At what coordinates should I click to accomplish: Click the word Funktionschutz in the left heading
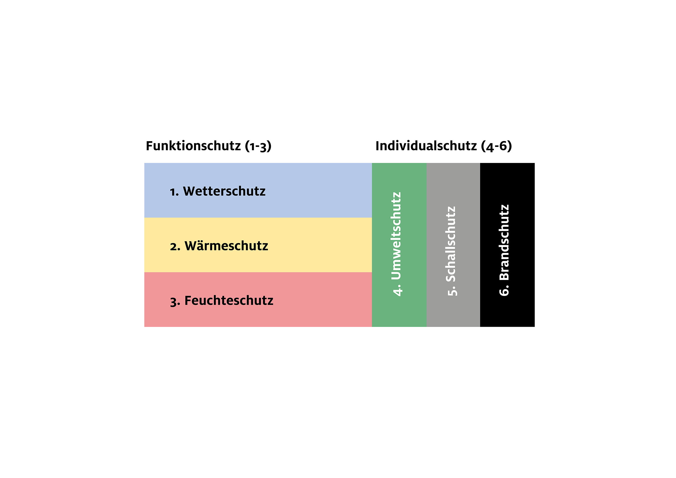[x=193, y=146]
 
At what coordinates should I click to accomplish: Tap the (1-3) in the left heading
[x=258, y=146]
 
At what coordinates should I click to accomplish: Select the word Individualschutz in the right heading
[x=426, y=146]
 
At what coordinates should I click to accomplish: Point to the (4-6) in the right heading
[x=496, y=146]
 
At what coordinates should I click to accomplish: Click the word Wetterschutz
[x=224, y=191]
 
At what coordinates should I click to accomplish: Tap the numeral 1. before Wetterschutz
[x=174, y=192]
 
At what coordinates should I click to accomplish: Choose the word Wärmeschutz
[x=227, y=246]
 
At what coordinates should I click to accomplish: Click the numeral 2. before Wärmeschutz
[x=175, y=247]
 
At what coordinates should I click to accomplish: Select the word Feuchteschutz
[x=229, y=301]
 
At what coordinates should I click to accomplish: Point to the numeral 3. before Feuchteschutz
[x=175, y=302]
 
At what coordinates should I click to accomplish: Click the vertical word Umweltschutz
[x=396, y=236]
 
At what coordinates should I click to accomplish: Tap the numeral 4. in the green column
[x=397, y=290]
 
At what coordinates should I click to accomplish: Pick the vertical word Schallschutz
[x=451, y=244]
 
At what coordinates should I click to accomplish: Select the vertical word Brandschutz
[x=504, y=242]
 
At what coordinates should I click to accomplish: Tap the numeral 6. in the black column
[x=504, y=290]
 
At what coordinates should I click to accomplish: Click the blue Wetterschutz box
[x=258, y=190]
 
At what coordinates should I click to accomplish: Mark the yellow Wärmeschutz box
[x=258, y=245]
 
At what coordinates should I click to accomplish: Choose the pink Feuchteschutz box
[x=258, y=299]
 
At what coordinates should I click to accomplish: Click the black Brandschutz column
[x=507, y=245]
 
